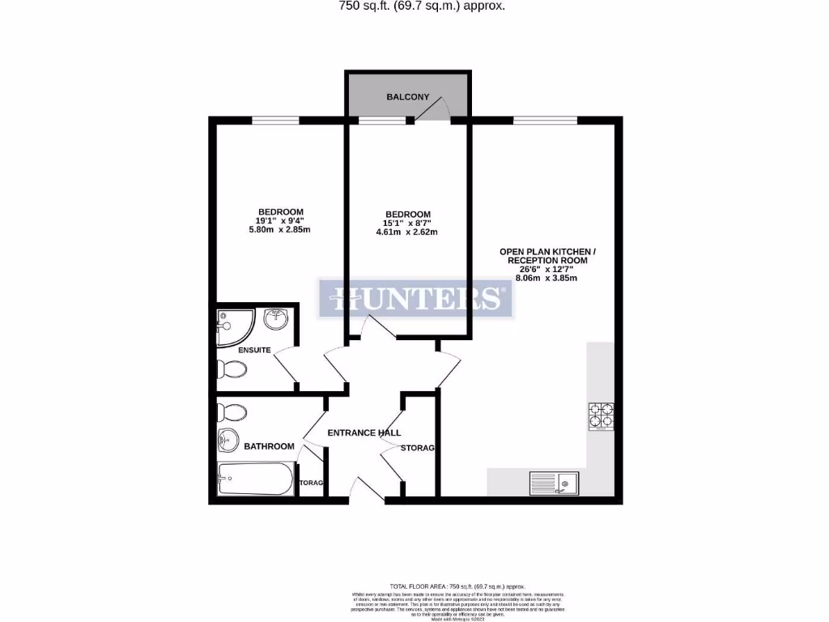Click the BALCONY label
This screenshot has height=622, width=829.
407,97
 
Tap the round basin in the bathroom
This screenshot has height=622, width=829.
227,442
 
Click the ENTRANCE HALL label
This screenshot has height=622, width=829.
363,433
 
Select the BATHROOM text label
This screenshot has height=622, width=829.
269,446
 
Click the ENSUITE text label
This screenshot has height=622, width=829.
255,350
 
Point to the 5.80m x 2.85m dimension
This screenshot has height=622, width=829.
279,230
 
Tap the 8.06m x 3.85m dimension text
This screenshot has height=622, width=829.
547,278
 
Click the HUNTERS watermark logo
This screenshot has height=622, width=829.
415,299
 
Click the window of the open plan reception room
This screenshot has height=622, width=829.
545,121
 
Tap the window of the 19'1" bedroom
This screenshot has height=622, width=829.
275,121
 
